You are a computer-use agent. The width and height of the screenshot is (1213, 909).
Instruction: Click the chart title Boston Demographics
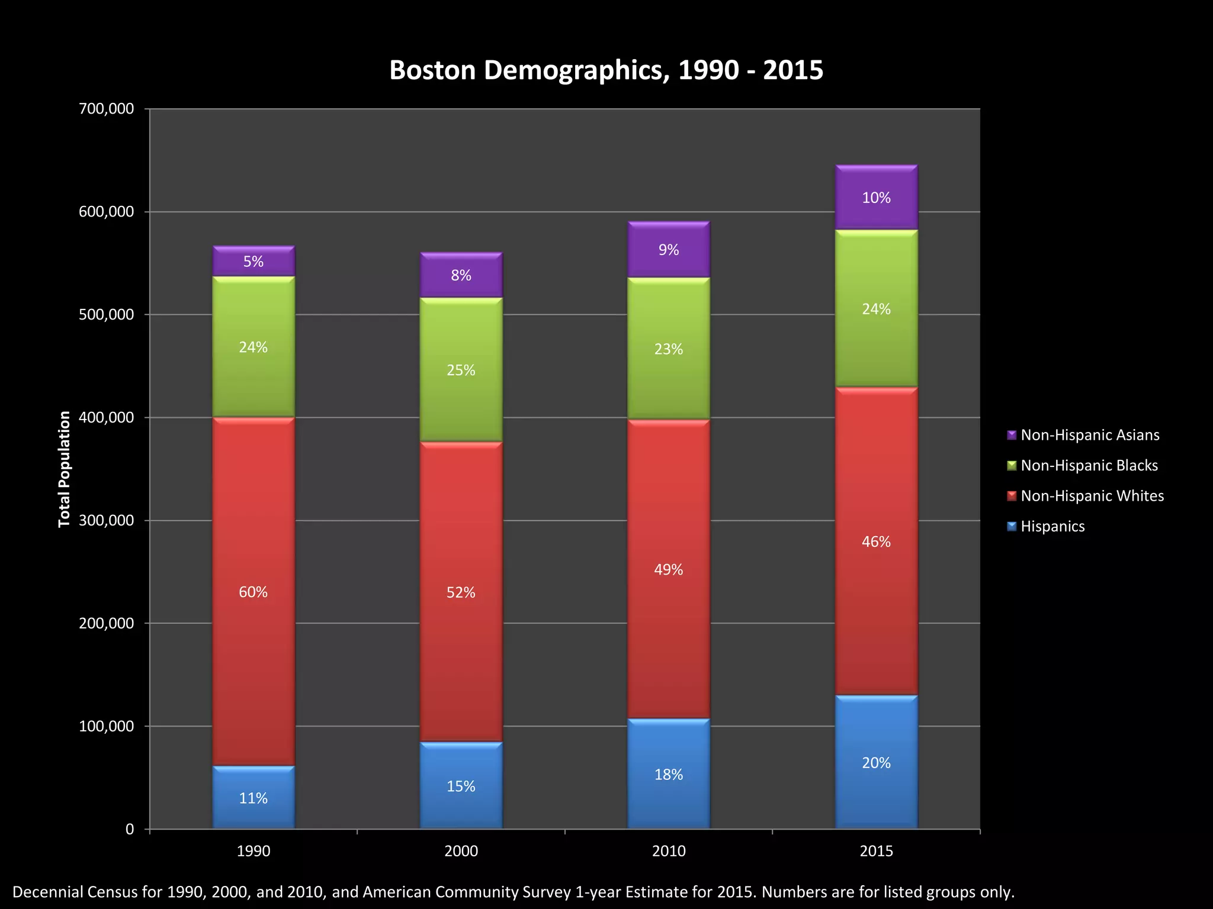tap(606, 70)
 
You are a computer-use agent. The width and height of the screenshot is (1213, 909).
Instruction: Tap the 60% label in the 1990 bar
tap(253, 592)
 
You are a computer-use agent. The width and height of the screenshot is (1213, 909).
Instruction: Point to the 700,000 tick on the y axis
tap(107, 108)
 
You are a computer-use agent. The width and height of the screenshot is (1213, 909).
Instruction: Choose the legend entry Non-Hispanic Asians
tap(1089, 435)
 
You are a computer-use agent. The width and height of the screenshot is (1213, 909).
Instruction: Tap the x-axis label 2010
tap(669, 851)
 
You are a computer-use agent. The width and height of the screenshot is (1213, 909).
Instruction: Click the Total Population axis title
tap(64, 469)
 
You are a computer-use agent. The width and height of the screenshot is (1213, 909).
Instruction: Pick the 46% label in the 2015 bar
tap(876, 541)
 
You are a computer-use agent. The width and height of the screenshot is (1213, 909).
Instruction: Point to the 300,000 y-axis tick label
tap(107, 520)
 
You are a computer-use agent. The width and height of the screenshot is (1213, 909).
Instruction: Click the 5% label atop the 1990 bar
tap(253, 262)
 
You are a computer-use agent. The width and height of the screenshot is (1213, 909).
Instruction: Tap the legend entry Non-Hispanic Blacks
tap(1089, 465)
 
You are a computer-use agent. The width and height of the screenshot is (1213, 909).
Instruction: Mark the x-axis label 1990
tap(253, 851)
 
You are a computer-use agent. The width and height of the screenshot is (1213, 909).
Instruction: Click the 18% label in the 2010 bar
tap(669, 775)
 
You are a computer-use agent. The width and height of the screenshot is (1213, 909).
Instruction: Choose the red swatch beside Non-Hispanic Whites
tap(1012, 495)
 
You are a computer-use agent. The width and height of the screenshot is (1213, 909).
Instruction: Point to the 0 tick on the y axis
tap(130, 829)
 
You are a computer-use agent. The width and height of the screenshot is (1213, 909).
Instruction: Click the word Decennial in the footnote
tap(47, 892)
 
